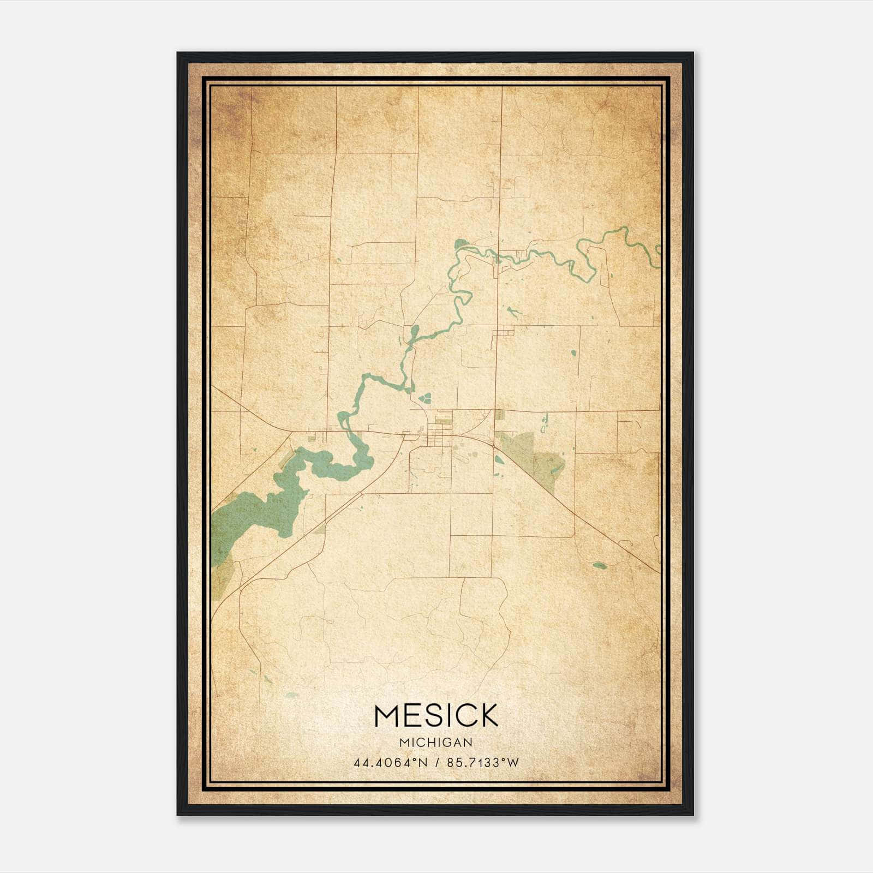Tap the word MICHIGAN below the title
tap(436, 743)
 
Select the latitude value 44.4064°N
tap(391, 763)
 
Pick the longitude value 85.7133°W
tap(483, 763)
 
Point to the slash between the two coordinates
tap(437, 763)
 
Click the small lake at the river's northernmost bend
tap(462, 244)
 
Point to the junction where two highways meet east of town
tap(494, 446)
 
